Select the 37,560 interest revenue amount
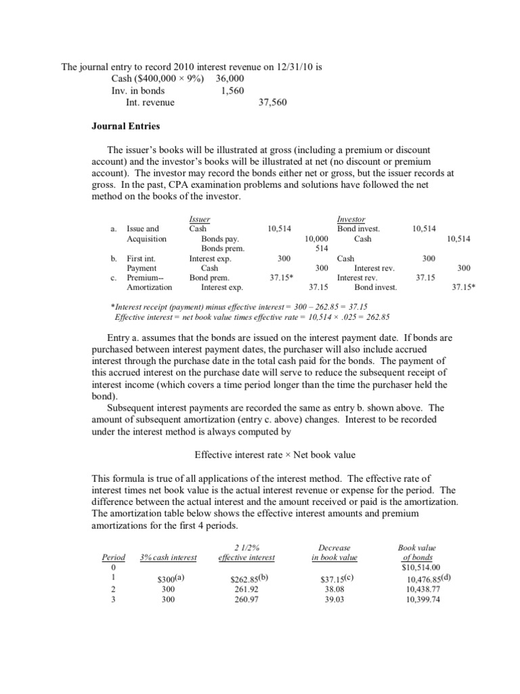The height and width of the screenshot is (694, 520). pos(274,102)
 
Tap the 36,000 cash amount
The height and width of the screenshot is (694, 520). pos(231,79)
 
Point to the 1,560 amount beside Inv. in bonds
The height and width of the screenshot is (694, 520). pos(232,91)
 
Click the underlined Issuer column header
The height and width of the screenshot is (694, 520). pos(200,220)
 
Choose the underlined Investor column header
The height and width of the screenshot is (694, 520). pos(351,220)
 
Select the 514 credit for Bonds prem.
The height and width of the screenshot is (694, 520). pos(322,249)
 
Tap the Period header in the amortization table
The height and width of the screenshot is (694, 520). pos(113,557)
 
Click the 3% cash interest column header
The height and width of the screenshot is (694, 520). pos(168,557)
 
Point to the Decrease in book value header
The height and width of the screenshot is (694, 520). pos(334,552)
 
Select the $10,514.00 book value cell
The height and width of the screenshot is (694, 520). pos(420,567)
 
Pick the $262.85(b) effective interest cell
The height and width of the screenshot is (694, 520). pos(251,579)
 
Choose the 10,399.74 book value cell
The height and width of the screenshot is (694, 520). pos(423,599)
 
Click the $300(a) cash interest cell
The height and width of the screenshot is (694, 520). pos(170,579)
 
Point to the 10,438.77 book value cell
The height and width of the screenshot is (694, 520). pos(423,590)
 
